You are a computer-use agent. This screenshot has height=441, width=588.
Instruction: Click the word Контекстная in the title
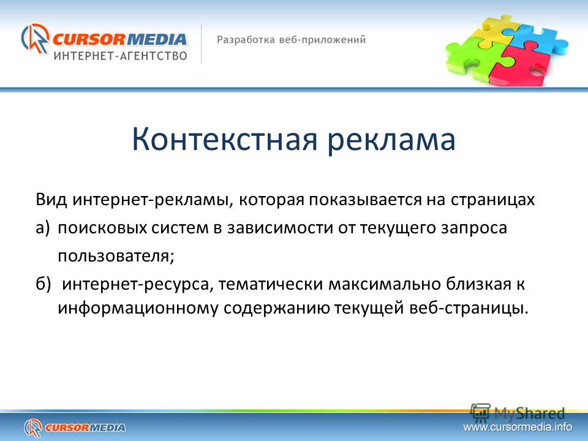click(x=225, y=140)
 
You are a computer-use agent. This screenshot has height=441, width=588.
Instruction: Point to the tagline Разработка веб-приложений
click(x=291, y=40)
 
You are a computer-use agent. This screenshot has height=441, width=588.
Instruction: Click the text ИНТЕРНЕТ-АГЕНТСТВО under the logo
click(x=121, y=56)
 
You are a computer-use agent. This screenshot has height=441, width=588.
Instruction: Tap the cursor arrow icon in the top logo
click(x=35, y=39)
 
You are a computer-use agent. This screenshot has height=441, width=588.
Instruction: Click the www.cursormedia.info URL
click(x=518, y=427)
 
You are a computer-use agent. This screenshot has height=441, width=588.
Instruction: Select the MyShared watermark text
click(x=529, y=413)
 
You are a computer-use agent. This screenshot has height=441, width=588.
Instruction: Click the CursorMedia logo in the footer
click(x=75, y=428)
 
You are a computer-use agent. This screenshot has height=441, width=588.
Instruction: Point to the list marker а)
click(x=43, y=228)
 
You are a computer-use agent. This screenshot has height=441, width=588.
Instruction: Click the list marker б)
click(x=43, y=284)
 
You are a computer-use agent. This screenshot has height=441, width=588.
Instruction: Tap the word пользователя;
click(x=116, y=256)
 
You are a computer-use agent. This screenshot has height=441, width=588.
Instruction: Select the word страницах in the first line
click(x=492, y=200)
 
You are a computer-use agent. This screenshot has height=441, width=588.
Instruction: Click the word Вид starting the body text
click(x=51, y=200)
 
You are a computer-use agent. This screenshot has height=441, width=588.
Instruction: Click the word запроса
click(x=474, y=228)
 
